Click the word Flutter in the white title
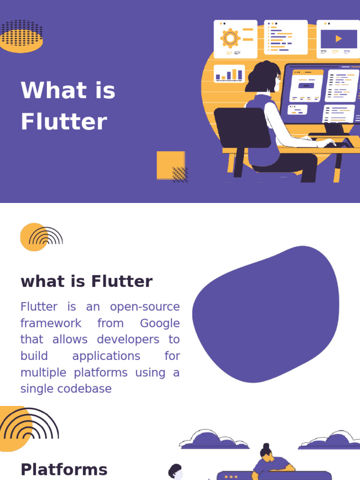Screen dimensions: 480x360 (x=64, y=122)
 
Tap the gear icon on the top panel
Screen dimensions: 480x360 (x=230, y=38)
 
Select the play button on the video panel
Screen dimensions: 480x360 (x=338, y=39)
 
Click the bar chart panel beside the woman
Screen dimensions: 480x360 (x=229, y=74)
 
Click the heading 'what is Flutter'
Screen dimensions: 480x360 (x=87, y=282)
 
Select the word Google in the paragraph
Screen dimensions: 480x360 (x=159, y=323)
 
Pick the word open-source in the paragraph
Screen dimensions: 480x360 (x=145, y=307)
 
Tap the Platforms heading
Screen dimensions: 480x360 (x=64, y=469)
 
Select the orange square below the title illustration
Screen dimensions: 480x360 (x=170, y=164)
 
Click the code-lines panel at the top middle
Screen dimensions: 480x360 (x=285, y=38)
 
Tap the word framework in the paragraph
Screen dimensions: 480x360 (x=51, y=323)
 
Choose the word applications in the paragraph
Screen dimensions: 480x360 (x=106, y=356)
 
